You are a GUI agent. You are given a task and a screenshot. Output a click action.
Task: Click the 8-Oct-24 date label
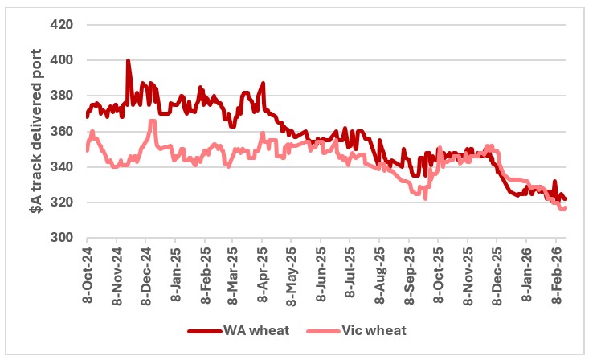[87, 273]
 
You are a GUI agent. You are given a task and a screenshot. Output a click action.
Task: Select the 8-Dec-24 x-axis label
[145, 273]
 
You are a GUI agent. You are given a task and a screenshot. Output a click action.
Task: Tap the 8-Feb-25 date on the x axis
[204, 273]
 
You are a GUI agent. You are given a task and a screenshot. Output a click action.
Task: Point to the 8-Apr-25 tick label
[262, 273]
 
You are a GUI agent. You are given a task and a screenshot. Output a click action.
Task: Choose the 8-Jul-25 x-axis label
[350, 273]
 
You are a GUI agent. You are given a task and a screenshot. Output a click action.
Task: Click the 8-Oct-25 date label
[438, 273]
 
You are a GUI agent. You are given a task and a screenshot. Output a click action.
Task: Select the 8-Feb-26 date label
[556, 273]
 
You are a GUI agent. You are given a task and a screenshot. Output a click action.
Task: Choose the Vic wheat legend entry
[354, 330]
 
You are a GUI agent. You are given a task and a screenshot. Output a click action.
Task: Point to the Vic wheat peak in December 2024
[152, 121]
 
